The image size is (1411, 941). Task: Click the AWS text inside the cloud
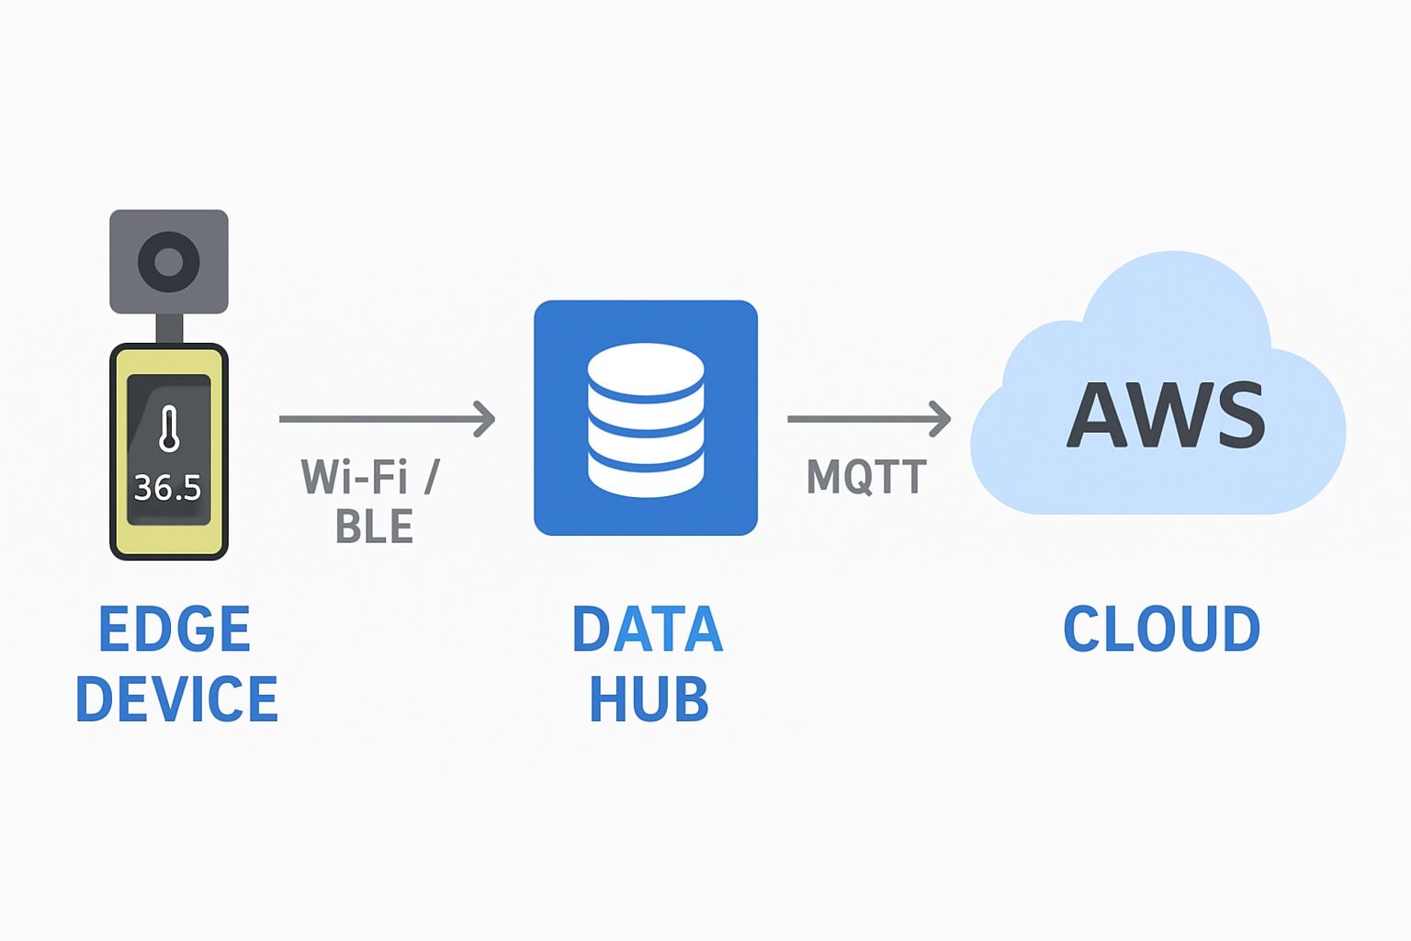click(1166, 414)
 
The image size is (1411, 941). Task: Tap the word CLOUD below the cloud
click(1161, 629)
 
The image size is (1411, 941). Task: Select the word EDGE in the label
click(175, 629)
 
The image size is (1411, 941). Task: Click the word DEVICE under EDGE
click(176, 699)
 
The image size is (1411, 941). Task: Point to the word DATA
click(648, 629)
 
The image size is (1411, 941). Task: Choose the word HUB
click(649, 699)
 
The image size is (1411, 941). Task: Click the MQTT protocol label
click(866, 477)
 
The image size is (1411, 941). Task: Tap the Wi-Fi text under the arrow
click(355, 477)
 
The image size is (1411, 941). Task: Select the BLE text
click(375, 527)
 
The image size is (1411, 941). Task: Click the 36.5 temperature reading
click(167, 487)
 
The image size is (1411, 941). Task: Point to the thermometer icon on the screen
click(168, 429)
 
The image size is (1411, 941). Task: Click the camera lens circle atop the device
click(169, 262)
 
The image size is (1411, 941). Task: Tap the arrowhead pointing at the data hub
click(485, 419)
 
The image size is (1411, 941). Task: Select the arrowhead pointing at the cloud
click(940, 419)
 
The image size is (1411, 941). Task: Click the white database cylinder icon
click(646, 419)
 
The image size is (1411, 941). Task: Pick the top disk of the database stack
click(646, 368)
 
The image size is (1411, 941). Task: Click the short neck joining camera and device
click(169, 328)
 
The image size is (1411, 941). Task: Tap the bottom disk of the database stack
click(646, 475)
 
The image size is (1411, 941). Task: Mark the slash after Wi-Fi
click(431, 477)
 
